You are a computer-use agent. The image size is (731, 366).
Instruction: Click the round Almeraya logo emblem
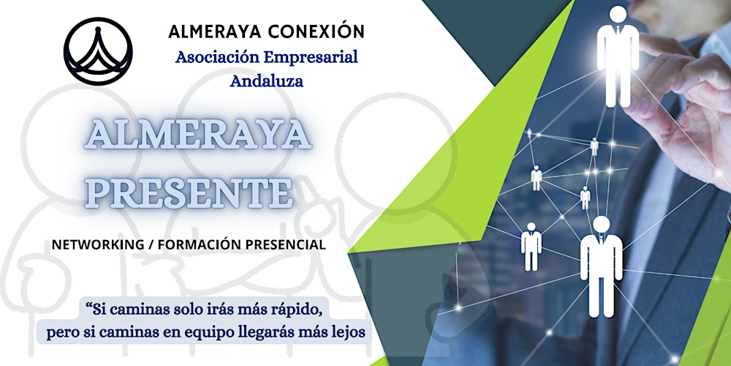coord(98,51)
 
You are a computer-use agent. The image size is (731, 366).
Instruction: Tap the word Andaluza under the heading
coord(266,81)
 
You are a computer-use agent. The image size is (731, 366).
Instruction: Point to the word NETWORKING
coord(95,244)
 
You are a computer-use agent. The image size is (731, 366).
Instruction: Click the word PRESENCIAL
coord(286,244)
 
